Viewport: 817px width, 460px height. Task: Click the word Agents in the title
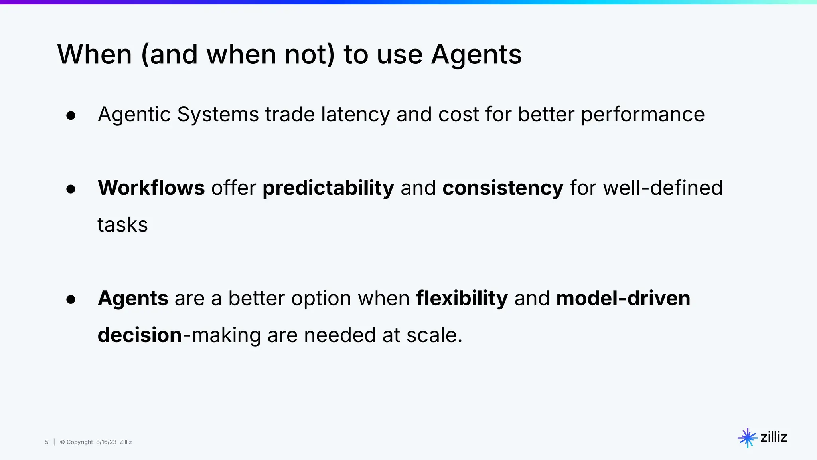476,55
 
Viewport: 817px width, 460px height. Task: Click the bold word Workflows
151,188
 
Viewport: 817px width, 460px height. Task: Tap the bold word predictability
328,188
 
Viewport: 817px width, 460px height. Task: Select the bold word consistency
503,188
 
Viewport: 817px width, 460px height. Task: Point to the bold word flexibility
462,299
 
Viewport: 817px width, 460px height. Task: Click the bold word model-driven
623,298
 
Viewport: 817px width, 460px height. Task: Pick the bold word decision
140,335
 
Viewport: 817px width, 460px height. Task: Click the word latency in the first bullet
355,115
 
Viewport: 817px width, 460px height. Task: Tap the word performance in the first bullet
642,115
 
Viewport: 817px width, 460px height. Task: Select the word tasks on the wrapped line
122,225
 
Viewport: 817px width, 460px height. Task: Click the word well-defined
663,188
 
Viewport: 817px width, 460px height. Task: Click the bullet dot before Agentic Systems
71,116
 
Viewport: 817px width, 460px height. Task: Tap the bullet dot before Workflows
71,189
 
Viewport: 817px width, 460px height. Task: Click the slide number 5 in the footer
47,442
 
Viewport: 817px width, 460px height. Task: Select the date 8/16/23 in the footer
106,442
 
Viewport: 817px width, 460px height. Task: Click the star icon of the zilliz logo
747,438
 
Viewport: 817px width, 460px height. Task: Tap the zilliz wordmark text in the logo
774,437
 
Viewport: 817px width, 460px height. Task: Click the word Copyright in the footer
79,442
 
